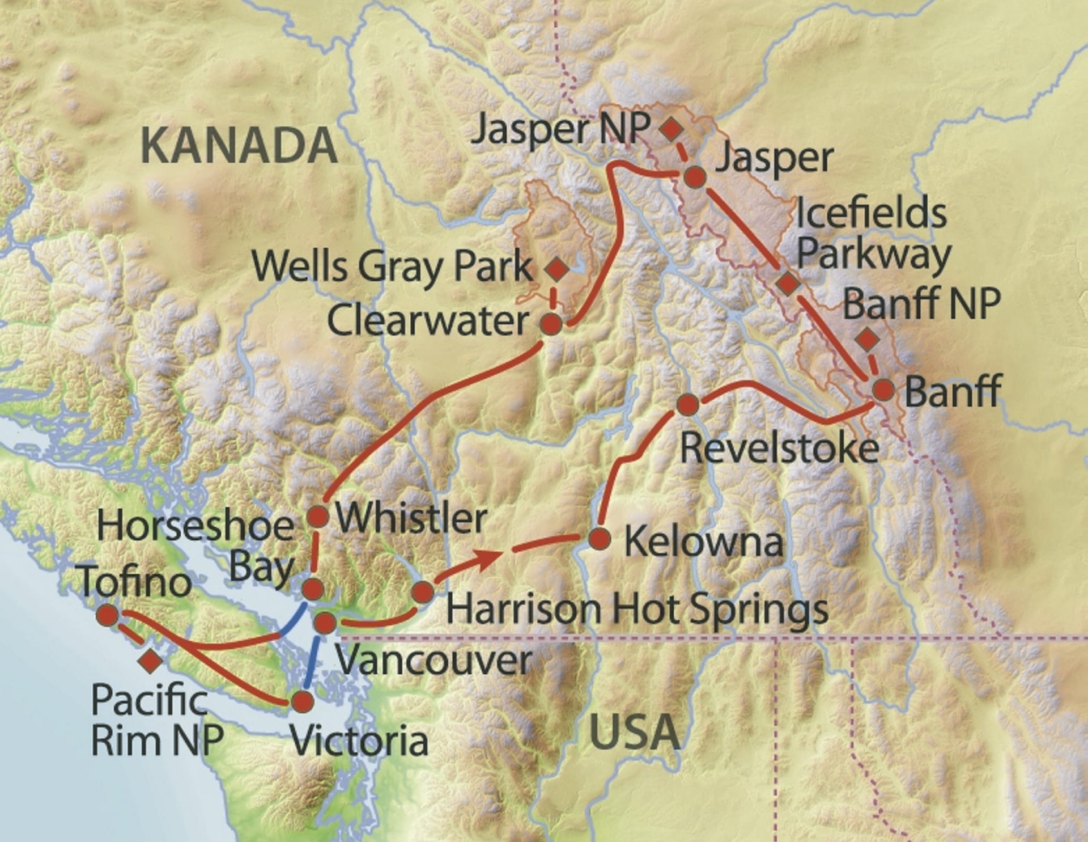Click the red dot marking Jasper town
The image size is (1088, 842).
point(695,177)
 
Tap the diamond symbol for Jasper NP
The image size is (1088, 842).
point(671,129)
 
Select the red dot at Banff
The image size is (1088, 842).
point(883,390)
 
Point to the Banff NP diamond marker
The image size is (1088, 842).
point(867,340)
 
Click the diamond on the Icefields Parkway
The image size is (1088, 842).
point(788,282)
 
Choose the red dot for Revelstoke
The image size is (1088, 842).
point(687,404)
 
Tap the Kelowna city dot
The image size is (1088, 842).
point(600,539)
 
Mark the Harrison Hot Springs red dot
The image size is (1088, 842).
point(423,593)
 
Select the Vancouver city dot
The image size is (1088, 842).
point(325,623)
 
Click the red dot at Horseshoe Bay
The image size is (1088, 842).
point(313,589)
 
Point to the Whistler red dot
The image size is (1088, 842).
point(317,516)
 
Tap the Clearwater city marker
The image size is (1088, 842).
point(551,325)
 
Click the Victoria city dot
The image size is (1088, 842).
point(302,702)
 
